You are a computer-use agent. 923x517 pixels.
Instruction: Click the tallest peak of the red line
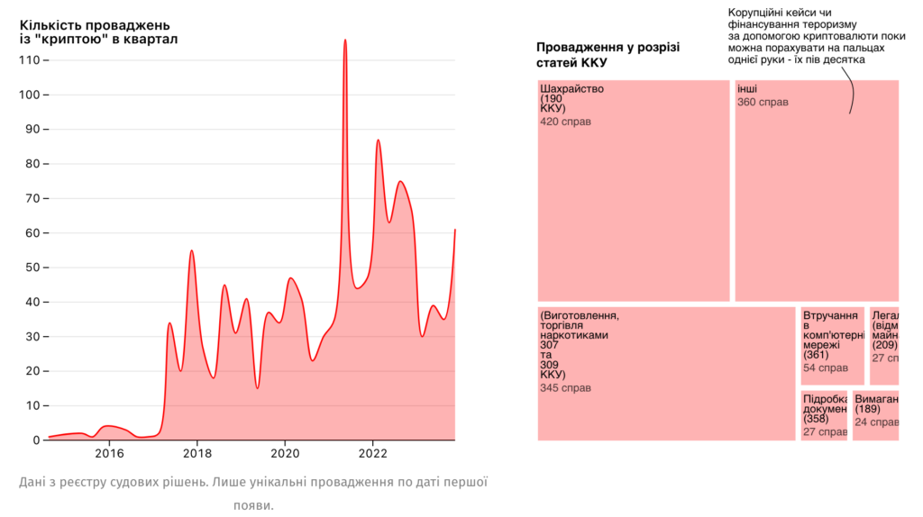tap(345, 41)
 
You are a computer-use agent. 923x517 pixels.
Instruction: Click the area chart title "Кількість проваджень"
tap(95, 25)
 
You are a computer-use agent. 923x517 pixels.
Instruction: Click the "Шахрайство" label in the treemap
tap(571, 89)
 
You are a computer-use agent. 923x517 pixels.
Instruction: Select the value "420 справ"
tap(565, 122)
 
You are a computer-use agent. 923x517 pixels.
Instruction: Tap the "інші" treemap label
tap(746, 89)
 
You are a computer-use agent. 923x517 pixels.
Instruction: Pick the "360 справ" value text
tap(762, 103)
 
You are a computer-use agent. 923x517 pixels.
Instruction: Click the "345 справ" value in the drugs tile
tap(565, 389)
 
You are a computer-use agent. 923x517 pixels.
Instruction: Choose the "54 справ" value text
tap(825, 367)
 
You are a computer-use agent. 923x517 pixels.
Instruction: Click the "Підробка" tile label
tap(825, 398)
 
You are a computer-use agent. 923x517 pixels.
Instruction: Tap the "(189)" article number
tap(867, 409)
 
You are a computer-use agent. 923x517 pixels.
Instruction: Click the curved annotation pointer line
tap(851, 90)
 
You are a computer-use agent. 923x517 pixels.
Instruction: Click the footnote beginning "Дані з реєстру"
tap(252, 483)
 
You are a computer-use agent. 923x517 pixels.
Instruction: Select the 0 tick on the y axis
tap(37, 440)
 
